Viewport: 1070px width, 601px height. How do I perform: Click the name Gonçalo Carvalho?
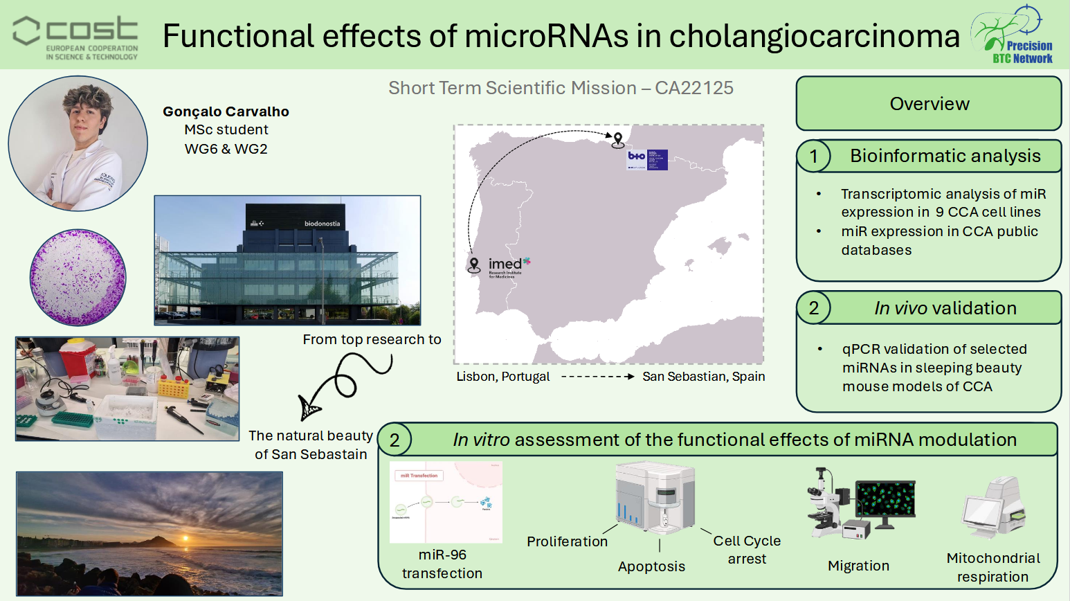point(226,111)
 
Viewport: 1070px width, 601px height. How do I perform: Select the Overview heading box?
point(929,104)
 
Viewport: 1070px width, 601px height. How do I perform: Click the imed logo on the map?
point(508,266)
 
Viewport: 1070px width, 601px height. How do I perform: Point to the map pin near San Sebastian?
point(618,141)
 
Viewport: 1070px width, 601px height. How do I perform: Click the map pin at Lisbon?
point(474,265)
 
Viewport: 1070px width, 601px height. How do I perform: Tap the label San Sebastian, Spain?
point(703,377)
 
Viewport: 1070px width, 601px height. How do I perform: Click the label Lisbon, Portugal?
point(502,377)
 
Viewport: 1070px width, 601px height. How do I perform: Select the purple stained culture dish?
point(78,277)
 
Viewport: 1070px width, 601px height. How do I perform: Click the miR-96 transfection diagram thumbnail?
point(446,502)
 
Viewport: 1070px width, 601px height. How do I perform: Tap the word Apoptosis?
point(651,566)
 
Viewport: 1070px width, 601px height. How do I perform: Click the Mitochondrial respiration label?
point(992,567)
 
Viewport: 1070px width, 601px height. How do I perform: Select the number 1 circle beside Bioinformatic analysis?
point(814,156)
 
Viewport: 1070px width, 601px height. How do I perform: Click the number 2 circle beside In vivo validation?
point(814,308)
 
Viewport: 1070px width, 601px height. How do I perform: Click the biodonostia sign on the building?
point(322,224)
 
